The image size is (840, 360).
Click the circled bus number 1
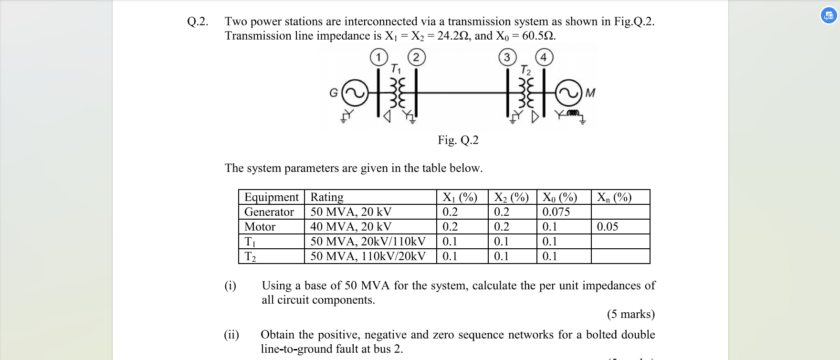point(378,58)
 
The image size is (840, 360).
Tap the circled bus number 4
point(544,58)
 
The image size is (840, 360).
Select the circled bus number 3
point(507,58)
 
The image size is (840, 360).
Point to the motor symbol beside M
point(568,93)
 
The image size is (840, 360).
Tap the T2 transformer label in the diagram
point(525,70)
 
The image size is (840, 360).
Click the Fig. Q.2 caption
point(458,140)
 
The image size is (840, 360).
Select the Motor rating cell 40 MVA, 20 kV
point(351,227)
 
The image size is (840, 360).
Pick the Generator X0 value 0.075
point(556,212)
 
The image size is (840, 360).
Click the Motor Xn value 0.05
point(607,227)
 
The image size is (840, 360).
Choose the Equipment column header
point(271,197)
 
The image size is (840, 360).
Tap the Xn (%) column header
point(614,197)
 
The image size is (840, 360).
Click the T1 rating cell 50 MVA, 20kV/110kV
point(367,242)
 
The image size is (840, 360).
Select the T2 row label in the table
point(250,256)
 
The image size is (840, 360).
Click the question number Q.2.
point(198,21)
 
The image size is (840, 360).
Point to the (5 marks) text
point(630,314)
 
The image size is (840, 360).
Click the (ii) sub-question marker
point(231,335)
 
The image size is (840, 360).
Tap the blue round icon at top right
point(829,16)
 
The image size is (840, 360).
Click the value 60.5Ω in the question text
point(538,36)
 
